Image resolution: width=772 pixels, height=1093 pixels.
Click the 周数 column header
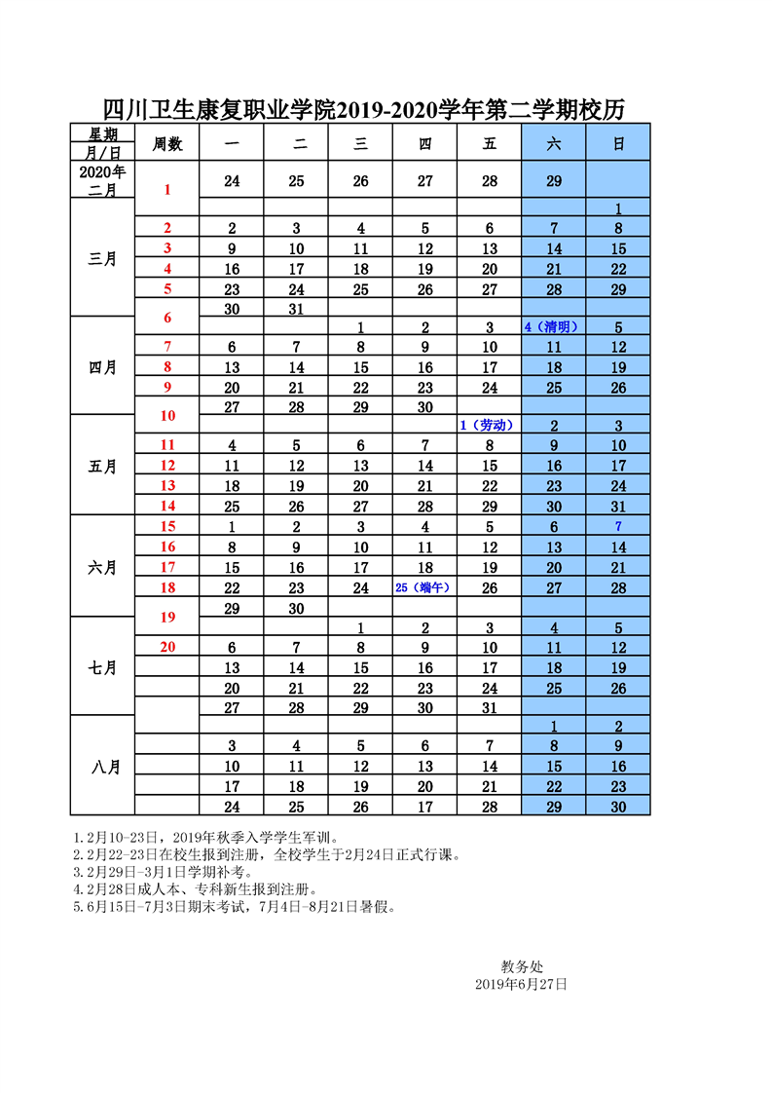pos(167,143)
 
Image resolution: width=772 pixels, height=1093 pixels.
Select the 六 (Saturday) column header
pos(554,143)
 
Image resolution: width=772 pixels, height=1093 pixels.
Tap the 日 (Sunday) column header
pos(618,143)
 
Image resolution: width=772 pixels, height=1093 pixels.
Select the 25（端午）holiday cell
pos(424,587)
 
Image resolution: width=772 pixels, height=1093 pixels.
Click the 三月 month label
pos(102,258)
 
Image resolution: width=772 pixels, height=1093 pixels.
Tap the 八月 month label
pos(102,767)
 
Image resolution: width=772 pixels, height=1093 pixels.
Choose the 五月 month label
pos(102,466)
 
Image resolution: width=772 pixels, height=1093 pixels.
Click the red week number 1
pos(167,189)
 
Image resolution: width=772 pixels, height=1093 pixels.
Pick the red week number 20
pos(167,647)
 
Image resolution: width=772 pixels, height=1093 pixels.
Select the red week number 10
pos(167,415)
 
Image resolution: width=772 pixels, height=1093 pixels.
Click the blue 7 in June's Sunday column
pos(618,527)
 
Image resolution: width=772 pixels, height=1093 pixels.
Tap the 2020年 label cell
pos(102,171)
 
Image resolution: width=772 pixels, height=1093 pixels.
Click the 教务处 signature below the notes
pos(522,966)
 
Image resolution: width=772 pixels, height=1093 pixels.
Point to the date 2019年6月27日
pos(521,985)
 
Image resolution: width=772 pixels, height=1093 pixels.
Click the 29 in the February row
pos(554,181)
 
